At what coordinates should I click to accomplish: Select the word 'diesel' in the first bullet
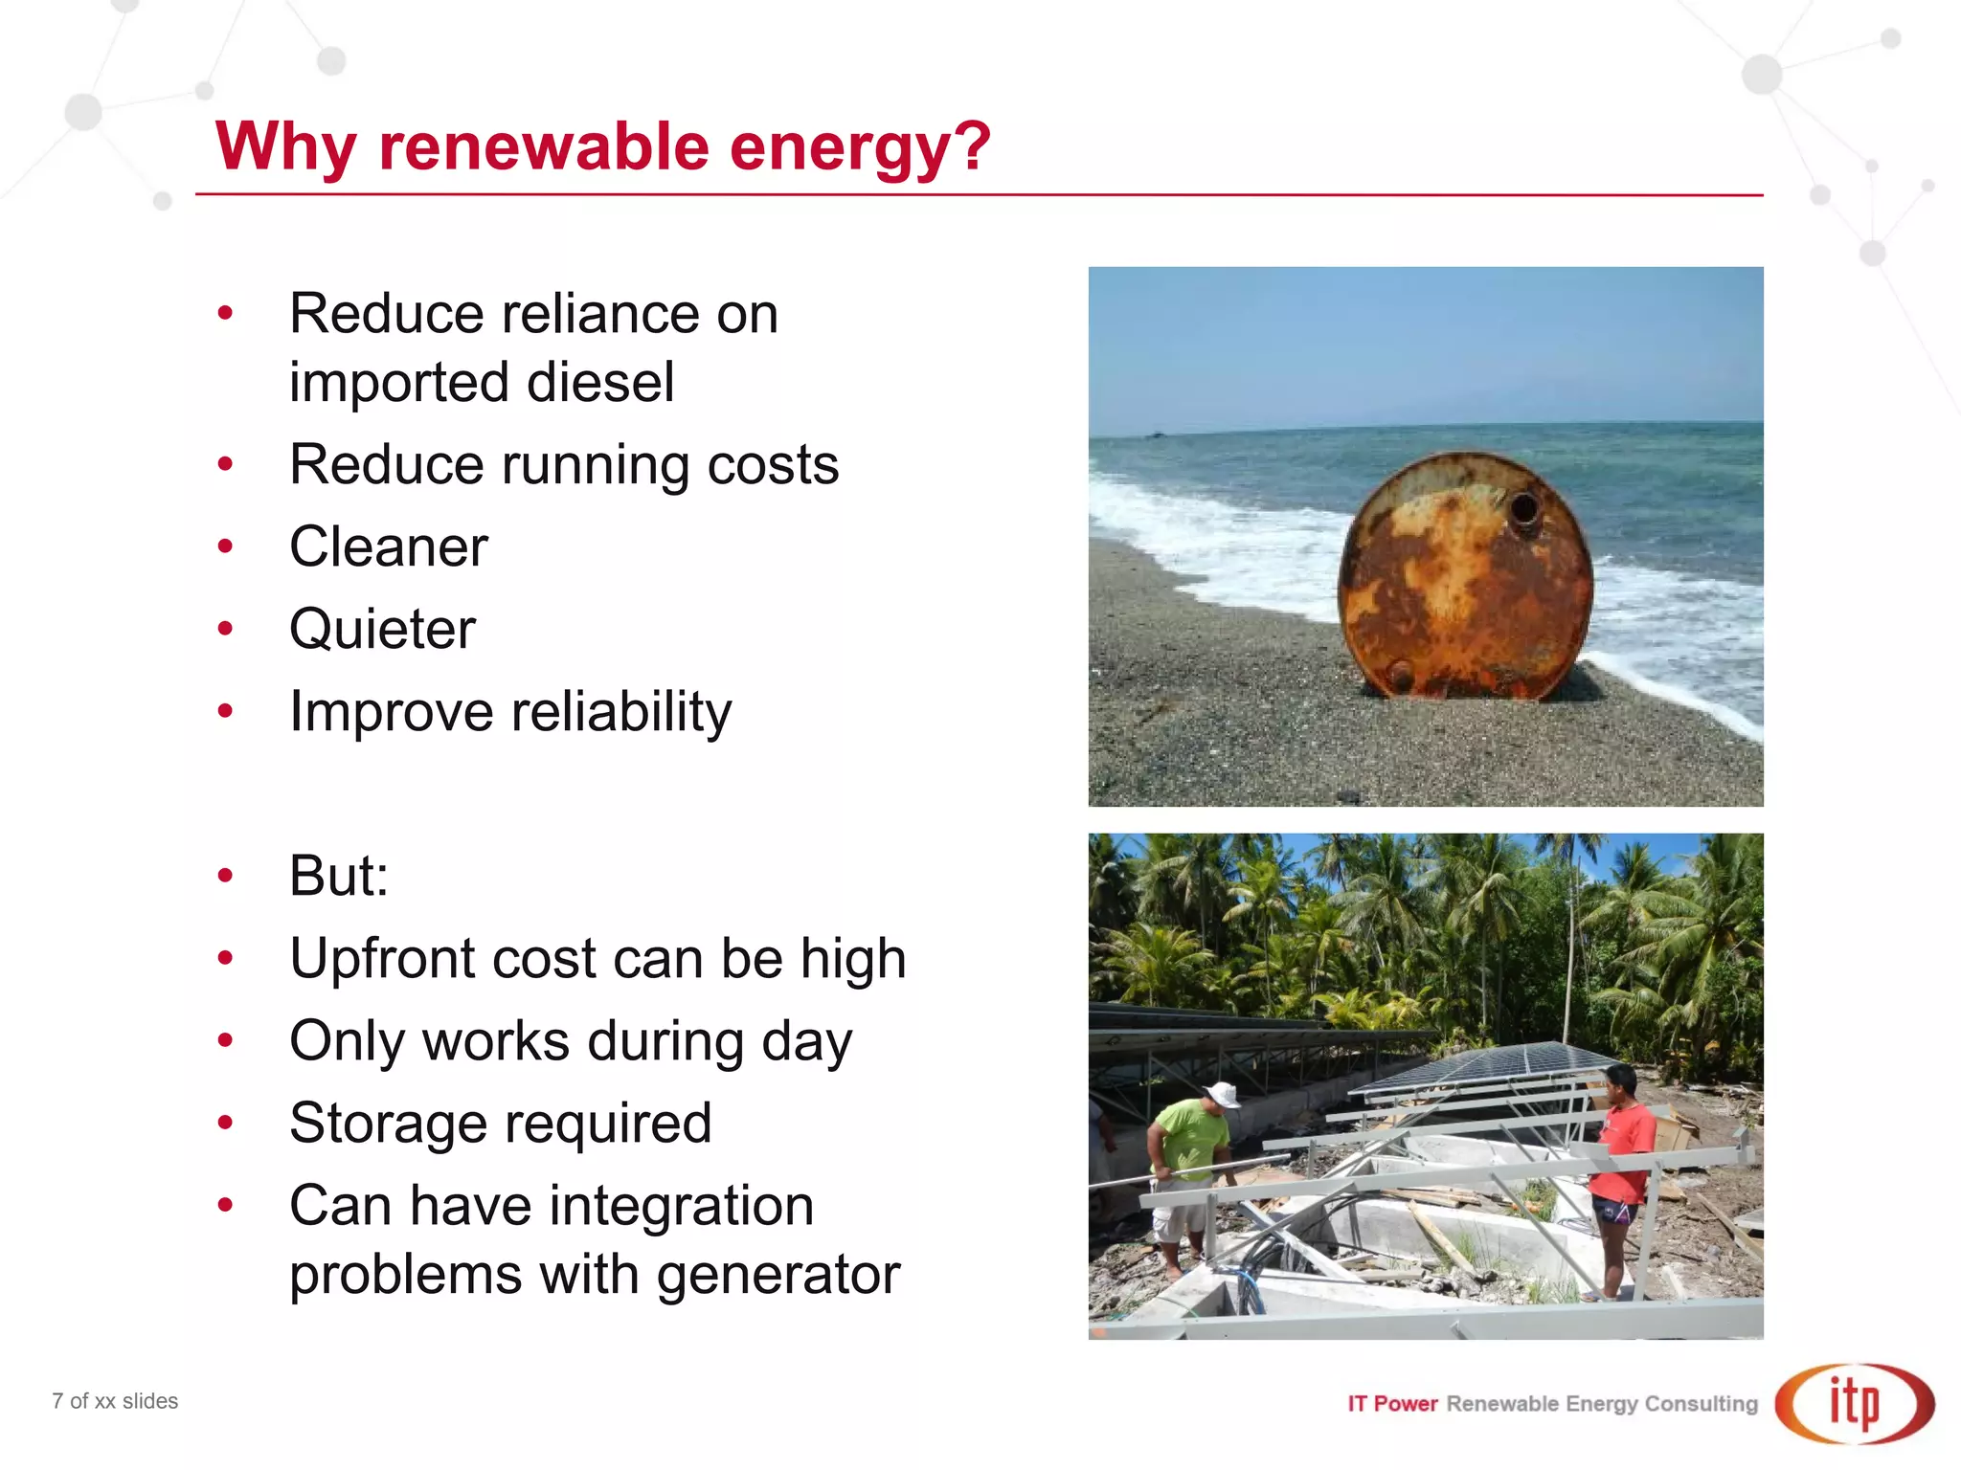click(x=600, y=382)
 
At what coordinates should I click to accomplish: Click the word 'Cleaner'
click(x=389, y=546)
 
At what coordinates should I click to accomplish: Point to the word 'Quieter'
click(x=382, y=629)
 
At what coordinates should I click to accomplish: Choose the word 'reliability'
click(x=621, y=712)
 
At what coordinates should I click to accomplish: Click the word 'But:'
click(x=339, y=875)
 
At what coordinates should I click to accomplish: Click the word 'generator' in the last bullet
click(x=778, y=1274)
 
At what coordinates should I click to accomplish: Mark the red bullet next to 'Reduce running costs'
click(x=226, y=465)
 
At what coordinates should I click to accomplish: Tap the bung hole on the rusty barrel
click(x=1523, y=508)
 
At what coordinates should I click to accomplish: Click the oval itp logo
click(x=1854, y=1404)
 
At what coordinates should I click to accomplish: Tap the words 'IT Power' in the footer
click(x=1392, y=1404)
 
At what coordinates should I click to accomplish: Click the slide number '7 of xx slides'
click(x=115, y=1401)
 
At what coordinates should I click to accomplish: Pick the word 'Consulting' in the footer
click(x=1701, y=1404)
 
